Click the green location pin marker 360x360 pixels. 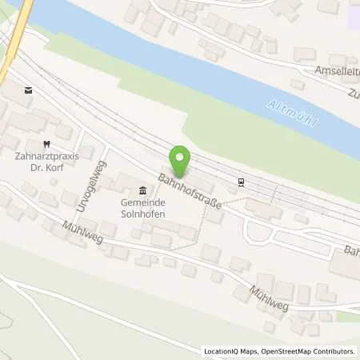pyautogui.click(x=182, y=162)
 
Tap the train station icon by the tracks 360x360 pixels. pyautogui.click(x=241, y=182)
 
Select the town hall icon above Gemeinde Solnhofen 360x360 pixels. pyautogui.click(x=142, y=190)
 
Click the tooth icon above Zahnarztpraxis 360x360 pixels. pyautogui.click(x=46, y=145)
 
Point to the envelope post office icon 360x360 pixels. pyautogui.click(x=29, y=90)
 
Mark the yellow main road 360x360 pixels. pyautogui.click(x=14, y=40)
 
